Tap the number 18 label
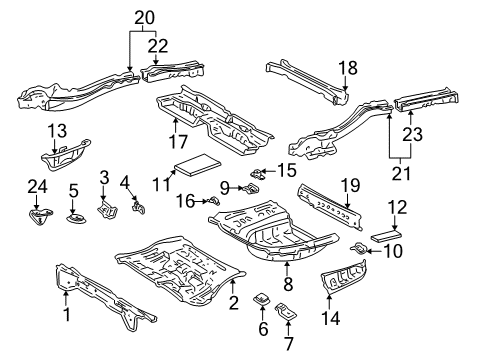[347, 69]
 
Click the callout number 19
[348, 185]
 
